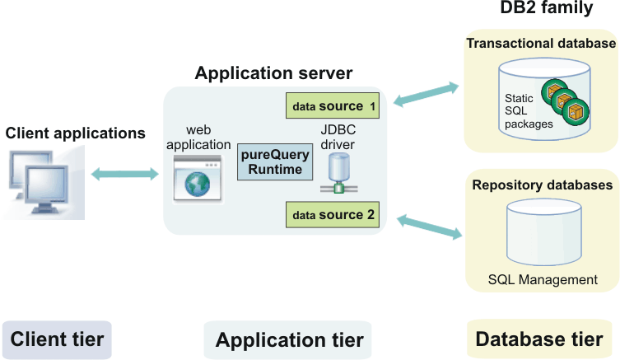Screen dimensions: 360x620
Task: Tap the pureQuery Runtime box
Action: coord(271,161)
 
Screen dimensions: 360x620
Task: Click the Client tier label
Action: coord(56,339)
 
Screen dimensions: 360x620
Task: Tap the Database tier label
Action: coord(539,339)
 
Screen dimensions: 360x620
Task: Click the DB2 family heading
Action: coord(546,9)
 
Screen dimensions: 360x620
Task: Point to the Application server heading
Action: coord(273,73)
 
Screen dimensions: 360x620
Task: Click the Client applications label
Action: coord(75,133)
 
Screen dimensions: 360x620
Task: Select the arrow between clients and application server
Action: coord(124,174)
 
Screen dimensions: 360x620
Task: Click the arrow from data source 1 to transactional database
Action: coord(426,93)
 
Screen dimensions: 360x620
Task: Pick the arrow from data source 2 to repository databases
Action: coord(429,227)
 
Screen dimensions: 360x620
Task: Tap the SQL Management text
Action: coord(543,280)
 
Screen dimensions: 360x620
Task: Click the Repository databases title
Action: coord(542,185)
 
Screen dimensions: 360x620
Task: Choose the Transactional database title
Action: coord(541,44)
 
